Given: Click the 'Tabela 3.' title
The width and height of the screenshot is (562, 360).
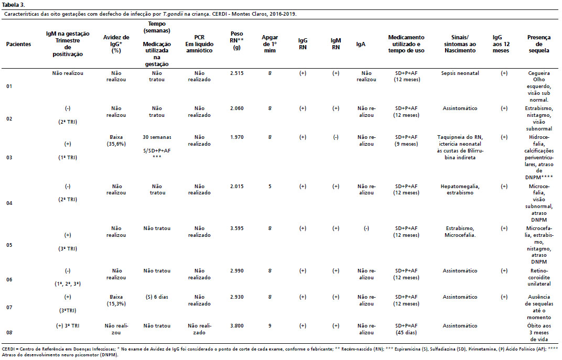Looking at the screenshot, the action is [13, 5].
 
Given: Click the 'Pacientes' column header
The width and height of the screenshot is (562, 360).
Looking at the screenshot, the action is [19, 44].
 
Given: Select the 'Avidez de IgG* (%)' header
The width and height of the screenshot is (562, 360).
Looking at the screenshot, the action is [116, 44].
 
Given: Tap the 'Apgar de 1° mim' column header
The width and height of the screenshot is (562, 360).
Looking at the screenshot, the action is [270, 44].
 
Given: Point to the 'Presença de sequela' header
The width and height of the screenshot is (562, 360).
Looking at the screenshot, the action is [539, 44].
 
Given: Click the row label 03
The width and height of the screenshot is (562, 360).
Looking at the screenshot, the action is [9, 158].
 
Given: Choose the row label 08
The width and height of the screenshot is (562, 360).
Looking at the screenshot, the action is [9, 332].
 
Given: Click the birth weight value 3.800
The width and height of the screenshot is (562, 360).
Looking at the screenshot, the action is [237, 326].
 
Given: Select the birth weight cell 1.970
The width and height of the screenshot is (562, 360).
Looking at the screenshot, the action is [237, 137].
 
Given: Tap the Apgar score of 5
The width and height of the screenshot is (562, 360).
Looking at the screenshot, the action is [270, 186].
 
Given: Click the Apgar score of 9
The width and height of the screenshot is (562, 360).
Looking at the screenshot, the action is [270, 326].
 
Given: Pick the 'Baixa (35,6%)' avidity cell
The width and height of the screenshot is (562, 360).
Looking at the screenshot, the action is [116, 140].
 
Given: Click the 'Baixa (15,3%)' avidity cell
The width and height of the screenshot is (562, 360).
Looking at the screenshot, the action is [116, 300].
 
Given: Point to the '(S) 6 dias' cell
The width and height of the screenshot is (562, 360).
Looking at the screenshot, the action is [157, 297].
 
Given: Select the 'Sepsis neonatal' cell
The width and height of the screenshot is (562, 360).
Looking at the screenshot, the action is [460, 73].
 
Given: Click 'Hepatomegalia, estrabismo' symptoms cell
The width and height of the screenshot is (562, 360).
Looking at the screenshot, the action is [460, 190].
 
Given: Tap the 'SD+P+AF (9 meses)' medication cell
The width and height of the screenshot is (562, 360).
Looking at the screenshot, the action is [406, 140].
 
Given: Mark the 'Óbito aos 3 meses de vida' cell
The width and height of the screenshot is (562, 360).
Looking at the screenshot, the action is [539, 332].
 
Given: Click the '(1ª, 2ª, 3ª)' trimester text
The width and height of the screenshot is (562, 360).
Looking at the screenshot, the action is [68, 284].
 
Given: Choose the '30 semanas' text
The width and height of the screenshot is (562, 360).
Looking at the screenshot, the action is [157, 137].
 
